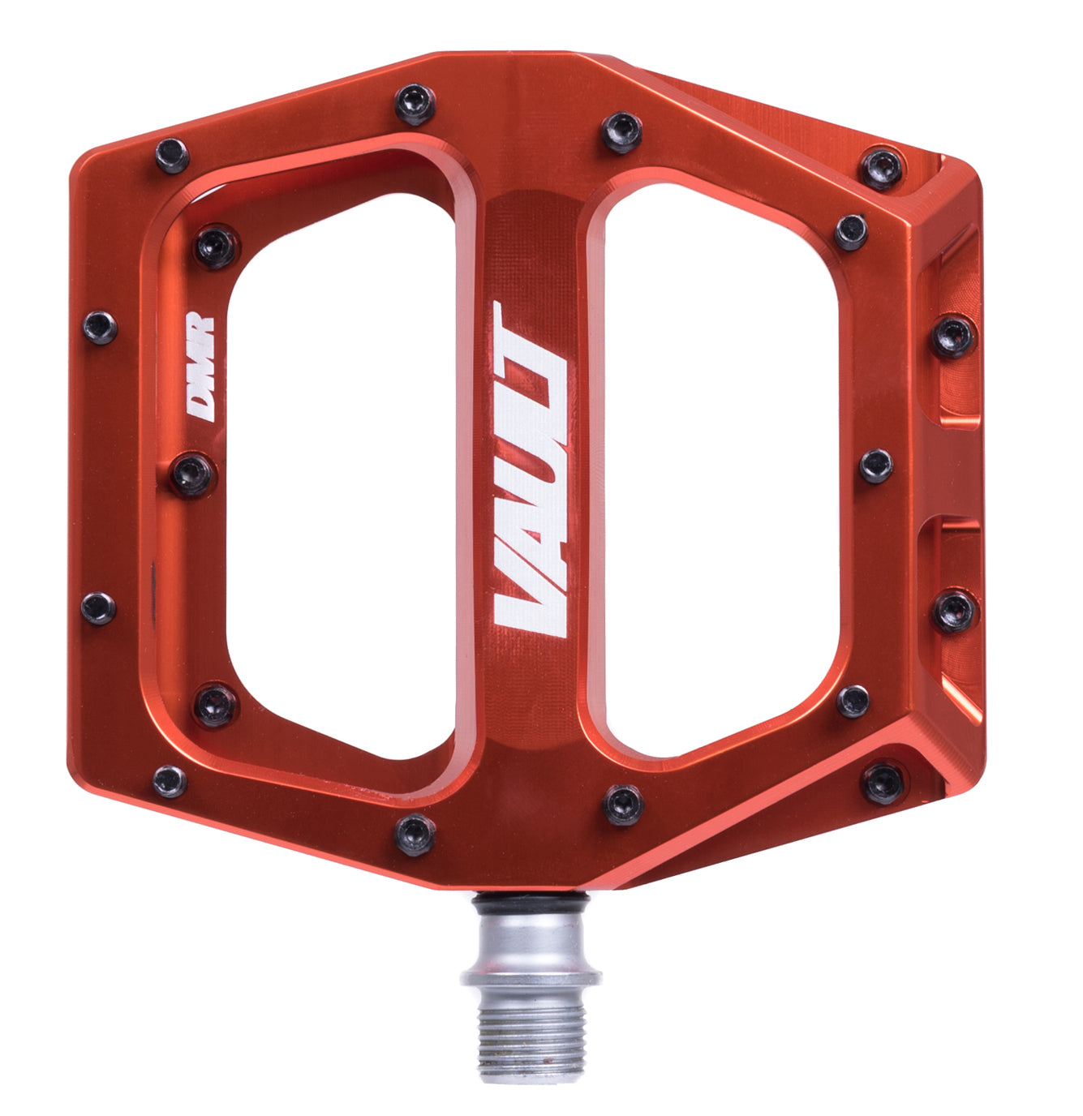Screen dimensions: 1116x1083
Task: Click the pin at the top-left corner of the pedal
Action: point(172,156)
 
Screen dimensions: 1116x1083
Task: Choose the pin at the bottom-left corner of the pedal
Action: point(170,781)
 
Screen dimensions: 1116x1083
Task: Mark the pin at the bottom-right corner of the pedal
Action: point(883,783)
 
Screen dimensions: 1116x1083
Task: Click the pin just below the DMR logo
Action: point(192,474)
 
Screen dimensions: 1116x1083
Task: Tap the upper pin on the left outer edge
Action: point(100,327)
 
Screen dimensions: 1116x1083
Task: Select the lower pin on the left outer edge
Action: point(98,607)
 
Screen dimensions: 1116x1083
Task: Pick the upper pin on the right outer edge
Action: point(953,336)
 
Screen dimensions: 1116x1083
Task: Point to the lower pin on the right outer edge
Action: point(953,612)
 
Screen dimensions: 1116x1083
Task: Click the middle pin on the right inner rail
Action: point(876,466)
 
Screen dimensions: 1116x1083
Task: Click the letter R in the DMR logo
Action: point(201,334)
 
